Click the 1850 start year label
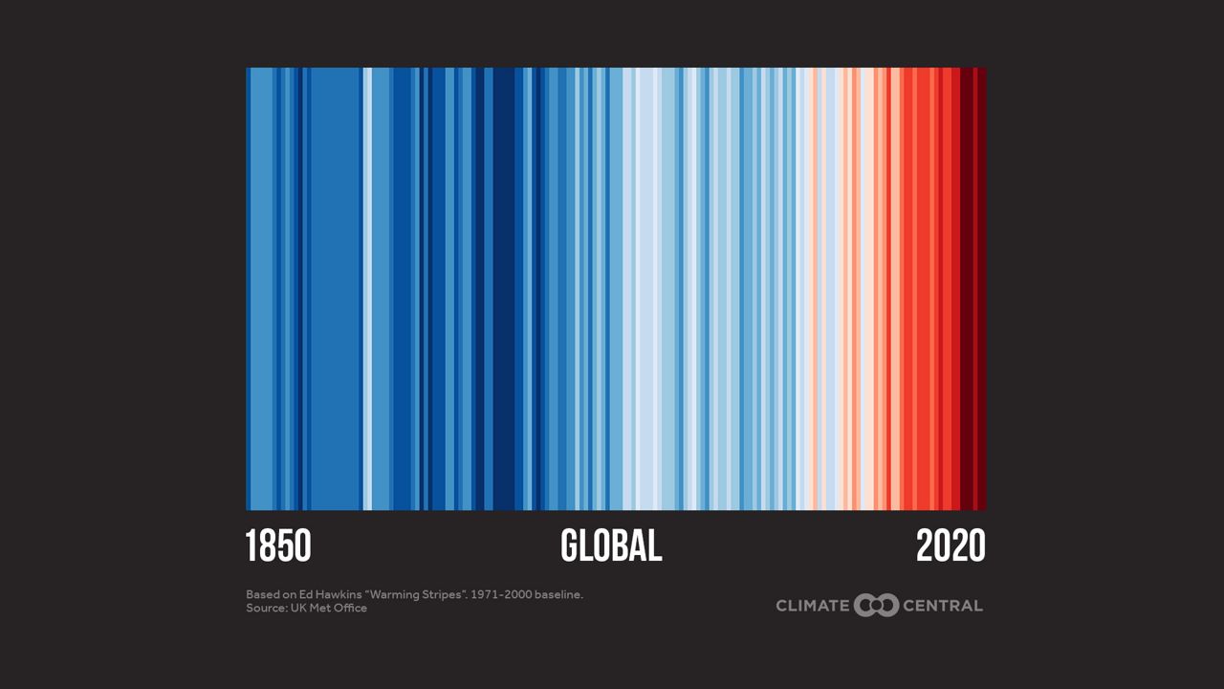[x=278, y=545]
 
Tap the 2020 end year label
[x=951, y=545]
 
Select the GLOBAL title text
[x=611, y=545]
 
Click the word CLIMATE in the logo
[x=813, y=605]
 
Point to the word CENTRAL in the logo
[x=943, y=605]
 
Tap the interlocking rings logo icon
[x=877, y=605]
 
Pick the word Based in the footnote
[x=263, y=594]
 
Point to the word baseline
[x=557, y=594]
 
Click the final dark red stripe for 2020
[x=981, y=287]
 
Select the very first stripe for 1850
[x=248, y=287]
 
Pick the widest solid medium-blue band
[x=335, y=287]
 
